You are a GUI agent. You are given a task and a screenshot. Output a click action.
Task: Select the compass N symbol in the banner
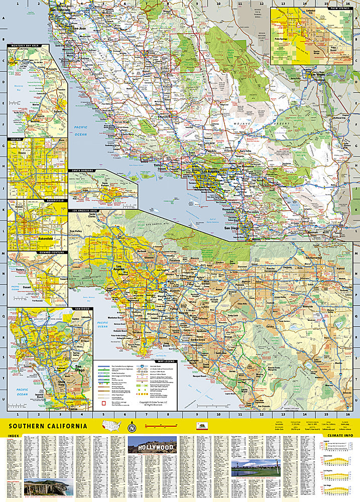click(132, 428)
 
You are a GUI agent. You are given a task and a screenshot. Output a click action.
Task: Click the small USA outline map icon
click(111, 426)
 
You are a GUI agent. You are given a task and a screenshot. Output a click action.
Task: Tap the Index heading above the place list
click(15, 436)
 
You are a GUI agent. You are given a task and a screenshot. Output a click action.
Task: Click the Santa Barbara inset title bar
click(80, 171)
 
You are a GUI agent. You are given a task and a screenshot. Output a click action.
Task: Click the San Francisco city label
click(69, 10)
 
